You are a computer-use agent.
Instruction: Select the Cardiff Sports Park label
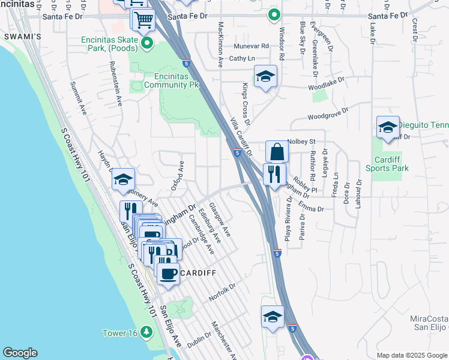391,164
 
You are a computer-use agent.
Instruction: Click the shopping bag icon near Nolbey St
277,152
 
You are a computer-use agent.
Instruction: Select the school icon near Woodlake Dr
265,76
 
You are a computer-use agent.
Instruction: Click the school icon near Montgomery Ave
123,179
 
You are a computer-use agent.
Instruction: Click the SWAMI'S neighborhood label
22,37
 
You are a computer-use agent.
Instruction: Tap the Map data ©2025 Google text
411,355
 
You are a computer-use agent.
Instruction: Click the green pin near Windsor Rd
274,14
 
